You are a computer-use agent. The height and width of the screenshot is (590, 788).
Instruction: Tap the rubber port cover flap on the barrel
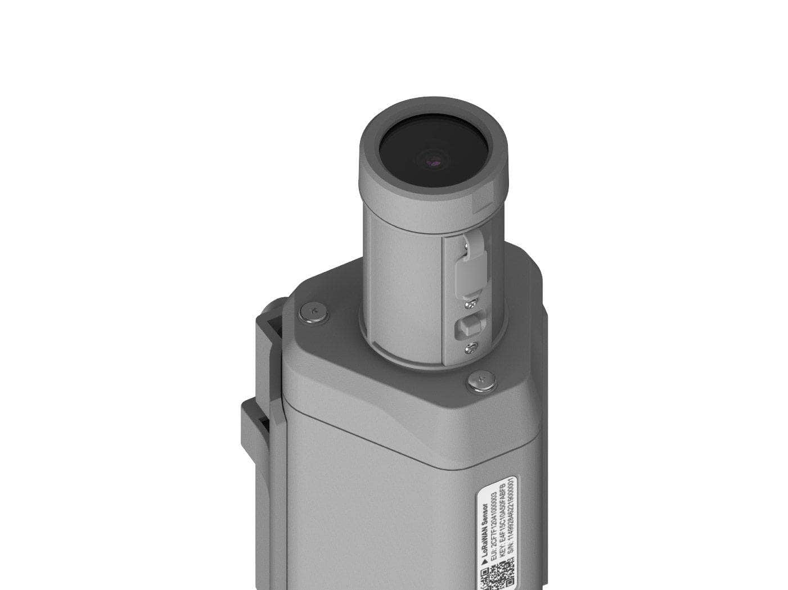466,270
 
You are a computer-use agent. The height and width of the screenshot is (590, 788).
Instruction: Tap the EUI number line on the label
494,523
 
